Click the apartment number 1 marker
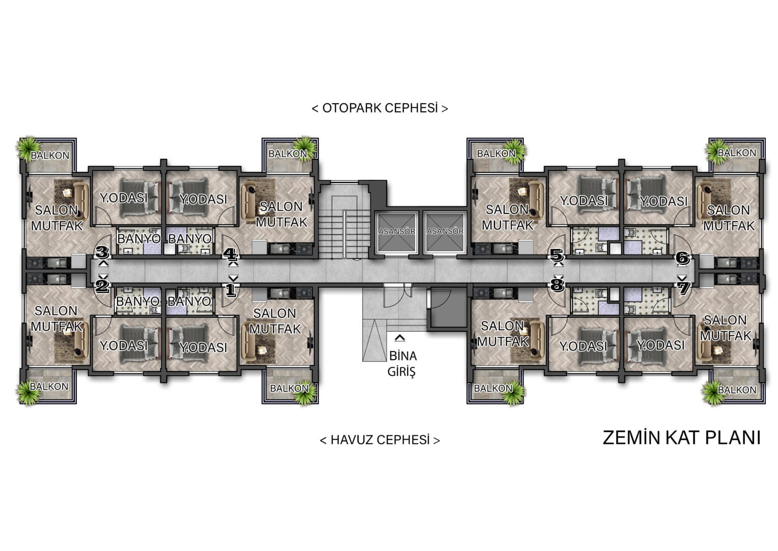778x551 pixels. click(231, 290)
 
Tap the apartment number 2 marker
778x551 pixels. click(102, 286)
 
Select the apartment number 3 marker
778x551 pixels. click(102, 252)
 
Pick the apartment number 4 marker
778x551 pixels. click(230, 254)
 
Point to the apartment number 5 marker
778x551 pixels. click(556, 256)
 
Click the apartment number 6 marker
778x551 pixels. click(683, 258)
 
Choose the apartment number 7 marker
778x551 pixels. click(683, 288)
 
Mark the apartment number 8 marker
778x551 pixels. click(557, 285)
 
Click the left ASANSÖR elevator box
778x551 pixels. click(396, 232)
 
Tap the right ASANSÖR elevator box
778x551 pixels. click(445, 232)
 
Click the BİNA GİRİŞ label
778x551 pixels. click(402, 364)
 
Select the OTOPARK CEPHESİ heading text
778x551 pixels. click(380, 108)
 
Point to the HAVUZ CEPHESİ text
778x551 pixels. click(380, 440)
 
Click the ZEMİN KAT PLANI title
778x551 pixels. click(681, 438)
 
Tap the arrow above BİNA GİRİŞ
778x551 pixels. click(400, 338)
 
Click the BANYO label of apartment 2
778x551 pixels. click(138, 301)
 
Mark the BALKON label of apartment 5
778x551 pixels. click(496, 154)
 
